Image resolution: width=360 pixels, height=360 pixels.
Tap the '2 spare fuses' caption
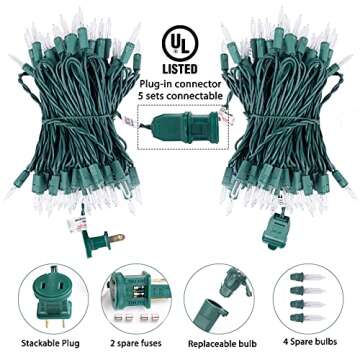click(x=136, y=326)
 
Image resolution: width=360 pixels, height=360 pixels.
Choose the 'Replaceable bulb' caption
click(x=225, y=326)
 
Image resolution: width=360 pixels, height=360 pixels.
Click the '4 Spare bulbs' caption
click(x=315, y=326)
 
